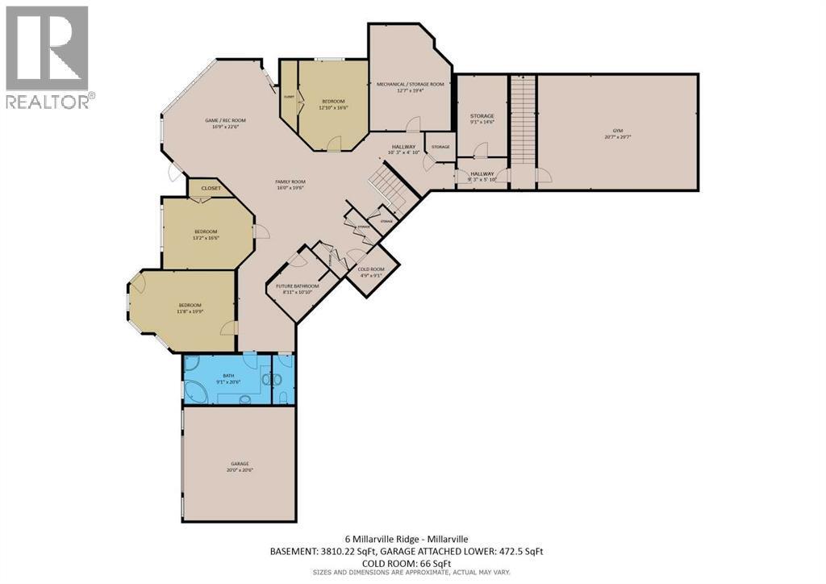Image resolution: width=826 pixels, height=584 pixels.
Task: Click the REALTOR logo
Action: [x=48, y=57]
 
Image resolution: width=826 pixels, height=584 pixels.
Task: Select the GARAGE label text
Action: [x=240, y=464]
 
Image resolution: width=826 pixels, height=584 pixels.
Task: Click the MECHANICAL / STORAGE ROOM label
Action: [x=410, y=84]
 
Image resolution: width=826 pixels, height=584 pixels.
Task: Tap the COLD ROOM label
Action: [x=371, y=269]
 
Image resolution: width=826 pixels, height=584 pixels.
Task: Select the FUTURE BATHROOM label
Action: [x=298, y=286]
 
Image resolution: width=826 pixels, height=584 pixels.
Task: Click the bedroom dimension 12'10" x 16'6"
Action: [x=332, y=107]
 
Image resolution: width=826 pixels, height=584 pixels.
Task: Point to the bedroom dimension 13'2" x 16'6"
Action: [x=206, y=238]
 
